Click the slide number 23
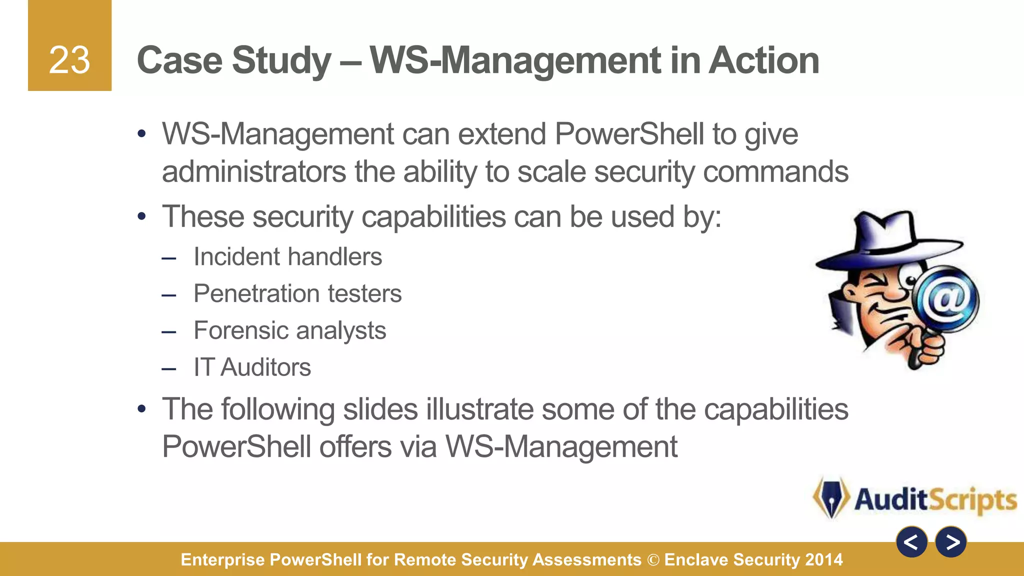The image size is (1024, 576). pyautogui.click(x=69, y=60)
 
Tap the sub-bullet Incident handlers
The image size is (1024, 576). pyautogui.click(x=287, y=257)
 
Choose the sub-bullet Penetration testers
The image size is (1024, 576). pyautogui.click(x=297, y=293)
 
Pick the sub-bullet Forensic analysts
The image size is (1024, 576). pyautogui.click(x=289, y=330)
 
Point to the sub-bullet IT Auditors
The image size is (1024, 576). pyautogui.click(x=252, y=367)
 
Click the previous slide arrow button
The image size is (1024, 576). pyautogui.click(x=911, y=541)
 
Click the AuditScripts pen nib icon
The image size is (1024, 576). pyautogui.click(x=831, y=497)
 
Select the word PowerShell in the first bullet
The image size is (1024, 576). pyautogui.click(x=629, y=134)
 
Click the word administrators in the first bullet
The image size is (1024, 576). pyautogui.click(x=254, y=172)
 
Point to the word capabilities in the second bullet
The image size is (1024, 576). pyautogui.click(x=433, y=217)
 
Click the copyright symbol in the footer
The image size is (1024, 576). pyautogui.click(x=653, y=560)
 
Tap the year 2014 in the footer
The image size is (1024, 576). pyautogui.click(x=824, y=559)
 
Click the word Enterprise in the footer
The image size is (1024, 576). pyautogui.click(x=222, y=560)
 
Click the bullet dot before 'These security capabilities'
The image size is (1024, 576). pyautogui.click(x=142, y=217)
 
